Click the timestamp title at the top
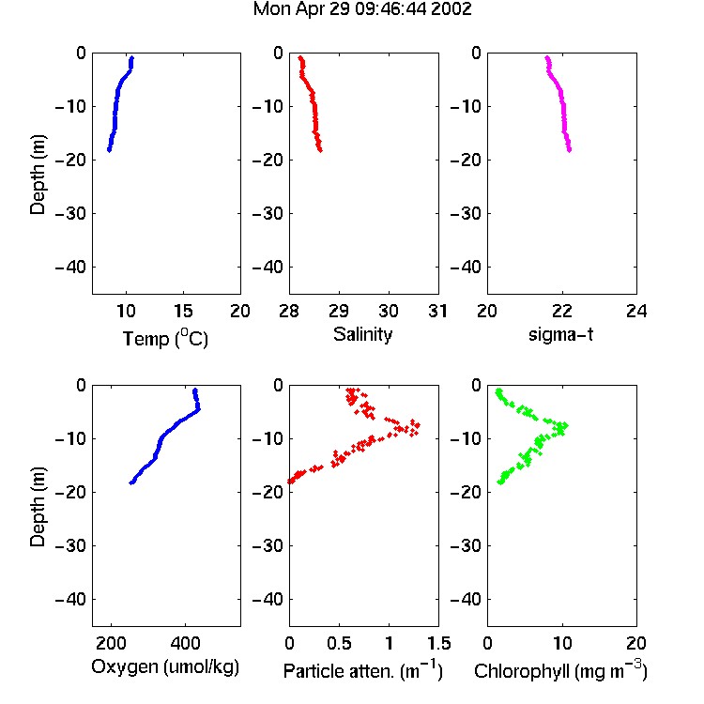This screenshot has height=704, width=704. click(x=362, y=9)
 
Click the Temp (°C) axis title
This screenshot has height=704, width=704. click(x=165, y=338)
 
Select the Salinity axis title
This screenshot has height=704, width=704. click(x=362, y=334)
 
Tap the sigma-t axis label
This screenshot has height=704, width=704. click(x=560, y=334)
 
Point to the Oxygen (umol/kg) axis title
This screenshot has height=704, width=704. click(x=165, y=667)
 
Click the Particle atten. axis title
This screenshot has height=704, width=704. click(x=362, y=671)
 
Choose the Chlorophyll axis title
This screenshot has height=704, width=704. click(x=560, y=671)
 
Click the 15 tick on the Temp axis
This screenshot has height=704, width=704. click(x=183, y=311)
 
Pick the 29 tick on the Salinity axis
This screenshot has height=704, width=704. click(x=339, y=311)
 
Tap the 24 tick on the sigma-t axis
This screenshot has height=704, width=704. click(x=636, y=311)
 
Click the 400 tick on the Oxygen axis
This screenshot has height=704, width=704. click(x=185, y=643)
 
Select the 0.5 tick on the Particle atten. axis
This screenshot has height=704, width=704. click(x=339, y=643)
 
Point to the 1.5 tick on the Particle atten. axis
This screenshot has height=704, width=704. click(x=438, y=643)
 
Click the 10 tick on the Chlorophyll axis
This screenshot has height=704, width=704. click(x=561, y=643)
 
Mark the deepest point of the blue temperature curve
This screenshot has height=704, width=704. click(x=109, y=149)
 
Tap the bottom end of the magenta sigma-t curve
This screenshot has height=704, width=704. click(x=570, y=150)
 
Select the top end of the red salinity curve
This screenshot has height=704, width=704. click(x=300, y=57)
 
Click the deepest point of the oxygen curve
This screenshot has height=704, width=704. click(x=131, y=482)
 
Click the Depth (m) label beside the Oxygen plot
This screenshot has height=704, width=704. click(x=38, y=507)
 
